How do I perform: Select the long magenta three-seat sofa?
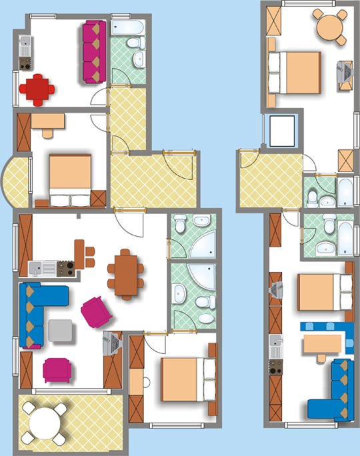pyautogui.click(x=94, y=52)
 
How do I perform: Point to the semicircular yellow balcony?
pyautogui.click(x=17, y=180)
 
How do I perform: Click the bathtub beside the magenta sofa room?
pyautogui.click(x=126, y=27)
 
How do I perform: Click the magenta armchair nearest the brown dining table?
pyautogui.click(x=97, y=312)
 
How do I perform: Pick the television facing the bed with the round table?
pyautogui.click(x=345, y=71)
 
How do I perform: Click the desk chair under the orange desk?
pyautogui.click(x=48, y=131)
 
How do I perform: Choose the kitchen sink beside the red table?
pyautogui.click(x=26, y=45)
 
